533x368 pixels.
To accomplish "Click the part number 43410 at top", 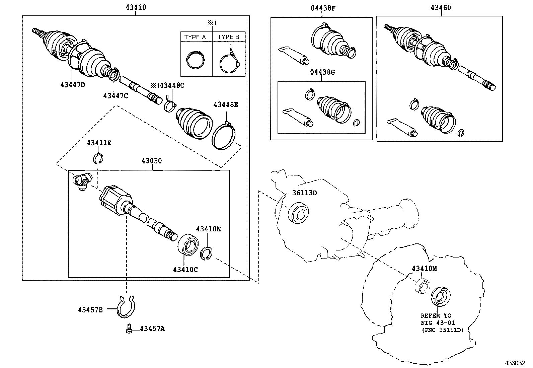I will pyautogui.click(x=135, y=7).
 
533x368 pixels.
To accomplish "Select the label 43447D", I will pyautogui.click(x=73, y=85).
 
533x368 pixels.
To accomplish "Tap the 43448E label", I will pyautogui.click(x=226, y=105).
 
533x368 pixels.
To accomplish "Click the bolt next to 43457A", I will pyautogui.click(x=129, y=329).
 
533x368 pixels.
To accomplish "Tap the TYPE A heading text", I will pyautogui.click(x=195, y=37).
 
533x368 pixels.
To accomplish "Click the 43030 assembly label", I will pyautogui.click(x=151, y=161).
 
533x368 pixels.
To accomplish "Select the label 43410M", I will pyautogui.click(x=424, y=269).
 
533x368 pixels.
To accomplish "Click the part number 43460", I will pyautogui.click(x=441, y=8).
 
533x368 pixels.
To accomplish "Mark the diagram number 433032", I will pyautogui.click(x=515, y=363).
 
